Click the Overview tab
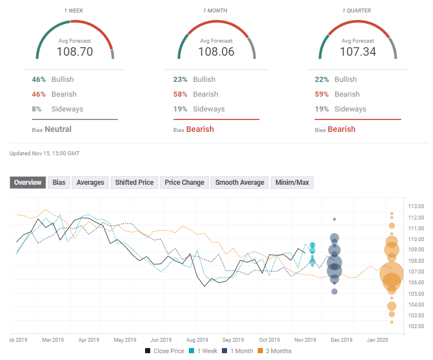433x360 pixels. (x=28, y=183)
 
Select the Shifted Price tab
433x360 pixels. (x=134, y=183)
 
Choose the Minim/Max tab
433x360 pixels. (x=292, y=183)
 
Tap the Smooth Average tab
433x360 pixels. (x=240, y=183)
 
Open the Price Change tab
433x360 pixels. (x=184, y=183)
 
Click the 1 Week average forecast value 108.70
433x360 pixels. (x=75, y=52)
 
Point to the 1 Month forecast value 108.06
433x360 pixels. (x=216, y=52)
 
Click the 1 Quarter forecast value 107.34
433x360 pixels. (x=358, y=52)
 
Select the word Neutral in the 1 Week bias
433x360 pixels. (x=58, y=129)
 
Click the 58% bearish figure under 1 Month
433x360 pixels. (x=181, y=94)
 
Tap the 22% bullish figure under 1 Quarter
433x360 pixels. (x=323, y=80)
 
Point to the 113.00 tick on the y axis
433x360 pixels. (x=416, y=206)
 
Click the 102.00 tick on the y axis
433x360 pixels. (x=416, y=326)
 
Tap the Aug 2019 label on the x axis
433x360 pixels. (x=197, y=340)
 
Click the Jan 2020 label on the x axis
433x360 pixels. (x=378, y=340)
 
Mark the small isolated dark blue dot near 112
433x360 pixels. (x=335, y=219)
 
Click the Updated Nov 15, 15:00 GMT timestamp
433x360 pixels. (x=44, y=154)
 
